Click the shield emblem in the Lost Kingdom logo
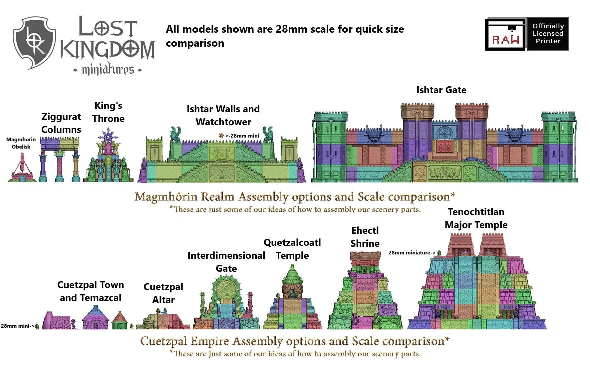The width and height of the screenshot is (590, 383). point(34,42)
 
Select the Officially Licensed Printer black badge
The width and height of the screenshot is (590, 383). point(548,34)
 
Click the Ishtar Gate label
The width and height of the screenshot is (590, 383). point(441,90)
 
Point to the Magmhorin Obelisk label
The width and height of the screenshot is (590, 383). point(21,143)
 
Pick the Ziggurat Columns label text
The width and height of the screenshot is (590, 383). point(61,123)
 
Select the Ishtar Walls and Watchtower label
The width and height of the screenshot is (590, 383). point(223,115)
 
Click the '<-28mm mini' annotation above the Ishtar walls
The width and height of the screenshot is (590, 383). point(241,136)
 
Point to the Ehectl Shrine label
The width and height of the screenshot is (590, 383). point(365,237)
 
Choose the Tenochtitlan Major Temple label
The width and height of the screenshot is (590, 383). point(476,218)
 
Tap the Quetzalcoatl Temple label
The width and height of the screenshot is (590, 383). point(292,249)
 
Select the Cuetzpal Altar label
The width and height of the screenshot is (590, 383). point(163,293)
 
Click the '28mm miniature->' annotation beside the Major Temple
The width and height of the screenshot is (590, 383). point(412,253)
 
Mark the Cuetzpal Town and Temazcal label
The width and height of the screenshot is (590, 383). point(91,291)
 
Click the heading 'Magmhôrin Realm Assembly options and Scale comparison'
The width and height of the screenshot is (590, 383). point(295,197)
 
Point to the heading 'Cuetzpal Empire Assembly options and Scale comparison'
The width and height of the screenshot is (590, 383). point(295,341)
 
